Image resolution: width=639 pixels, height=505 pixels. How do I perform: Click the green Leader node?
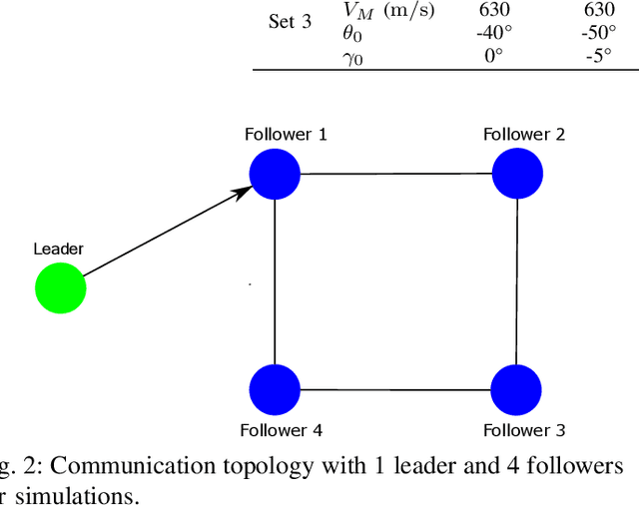tap(60, 288)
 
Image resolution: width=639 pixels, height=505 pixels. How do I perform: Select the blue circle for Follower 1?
tap(275, 174)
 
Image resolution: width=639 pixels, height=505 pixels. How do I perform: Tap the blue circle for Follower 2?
tap(517, 174)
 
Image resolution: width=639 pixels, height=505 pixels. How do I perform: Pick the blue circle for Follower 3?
tap(517, 389)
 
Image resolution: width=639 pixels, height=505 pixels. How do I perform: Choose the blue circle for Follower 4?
tap(275, 389)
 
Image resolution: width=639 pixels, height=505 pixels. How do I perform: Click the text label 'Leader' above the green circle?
tap(58, 249)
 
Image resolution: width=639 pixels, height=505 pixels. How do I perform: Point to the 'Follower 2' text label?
tap(523, 134)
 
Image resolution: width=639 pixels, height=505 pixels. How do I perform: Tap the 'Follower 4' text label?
tap(281, 430)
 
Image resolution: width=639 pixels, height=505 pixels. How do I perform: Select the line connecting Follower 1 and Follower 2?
tap(395, 174)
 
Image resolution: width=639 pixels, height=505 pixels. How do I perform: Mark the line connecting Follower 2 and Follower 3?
tap(517, 281)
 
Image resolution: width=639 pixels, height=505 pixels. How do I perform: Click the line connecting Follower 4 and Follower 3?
tap(395, 389)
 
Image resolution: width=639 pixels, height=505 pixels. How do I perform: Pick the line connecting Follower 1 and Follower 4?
tap(275, 281)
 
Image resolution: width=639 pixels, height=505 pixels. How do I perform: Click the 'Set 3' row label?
tap(291, 21)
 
